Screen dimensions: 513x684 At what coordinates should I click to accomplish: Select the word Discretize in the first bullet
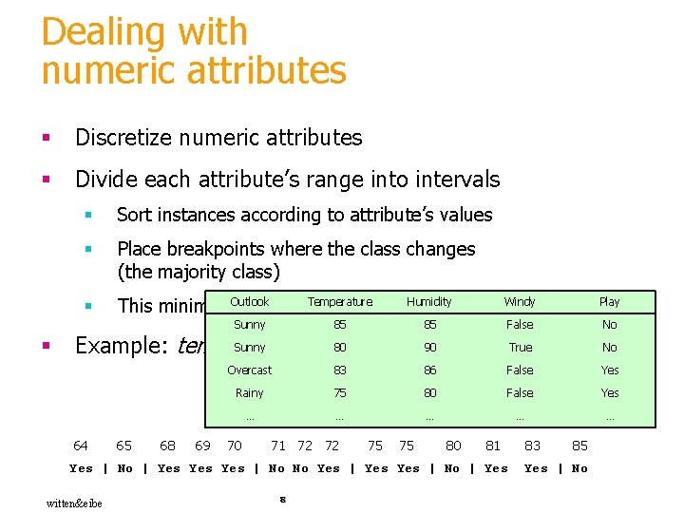[x=122, y=138]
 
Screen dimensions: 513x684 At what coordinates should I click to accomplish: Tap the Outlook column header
[x=250, y=302]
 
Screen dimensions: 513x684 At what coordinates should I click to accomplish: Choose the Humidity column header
[x=429, y=302]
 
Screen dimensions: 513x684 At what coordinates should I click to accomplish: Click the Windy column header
[x=520, y=302]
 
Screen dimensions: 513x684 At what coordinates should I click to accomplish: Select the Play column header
[x=609, y=302]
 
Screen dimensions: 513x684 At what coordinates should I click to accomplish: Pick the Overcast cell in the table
[x=250, y=370]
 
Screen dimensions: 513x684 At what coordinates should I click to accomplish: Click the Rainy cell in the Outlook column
[x=250, y=393]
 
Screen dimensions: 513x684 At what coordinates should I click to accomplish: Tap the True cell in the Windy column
[x=520, y=348]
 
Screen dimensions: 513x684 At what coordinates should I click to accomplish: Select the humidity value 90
[x=429, y=348]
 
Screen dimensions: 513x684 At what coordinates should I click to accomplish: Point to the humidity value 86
[x=429, y=370]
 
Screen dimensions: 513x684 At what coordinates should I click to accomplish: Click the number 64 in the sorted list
[x=81, y=445]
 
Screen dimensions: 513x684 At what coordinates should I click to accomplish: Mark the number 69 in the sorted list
[x=202, y=445]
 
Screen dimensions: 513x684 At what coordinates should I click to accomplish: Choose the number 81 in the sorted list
[x=493, y=445]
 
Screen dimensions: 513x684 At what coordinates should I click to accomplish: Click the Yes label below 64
[x=82, y=468]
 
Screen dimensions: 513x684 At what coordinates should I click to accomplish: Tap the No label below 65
[x=124, y=468]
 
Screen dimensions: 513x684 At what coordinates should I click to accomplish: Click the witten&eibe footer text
[x=74, y=503]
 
